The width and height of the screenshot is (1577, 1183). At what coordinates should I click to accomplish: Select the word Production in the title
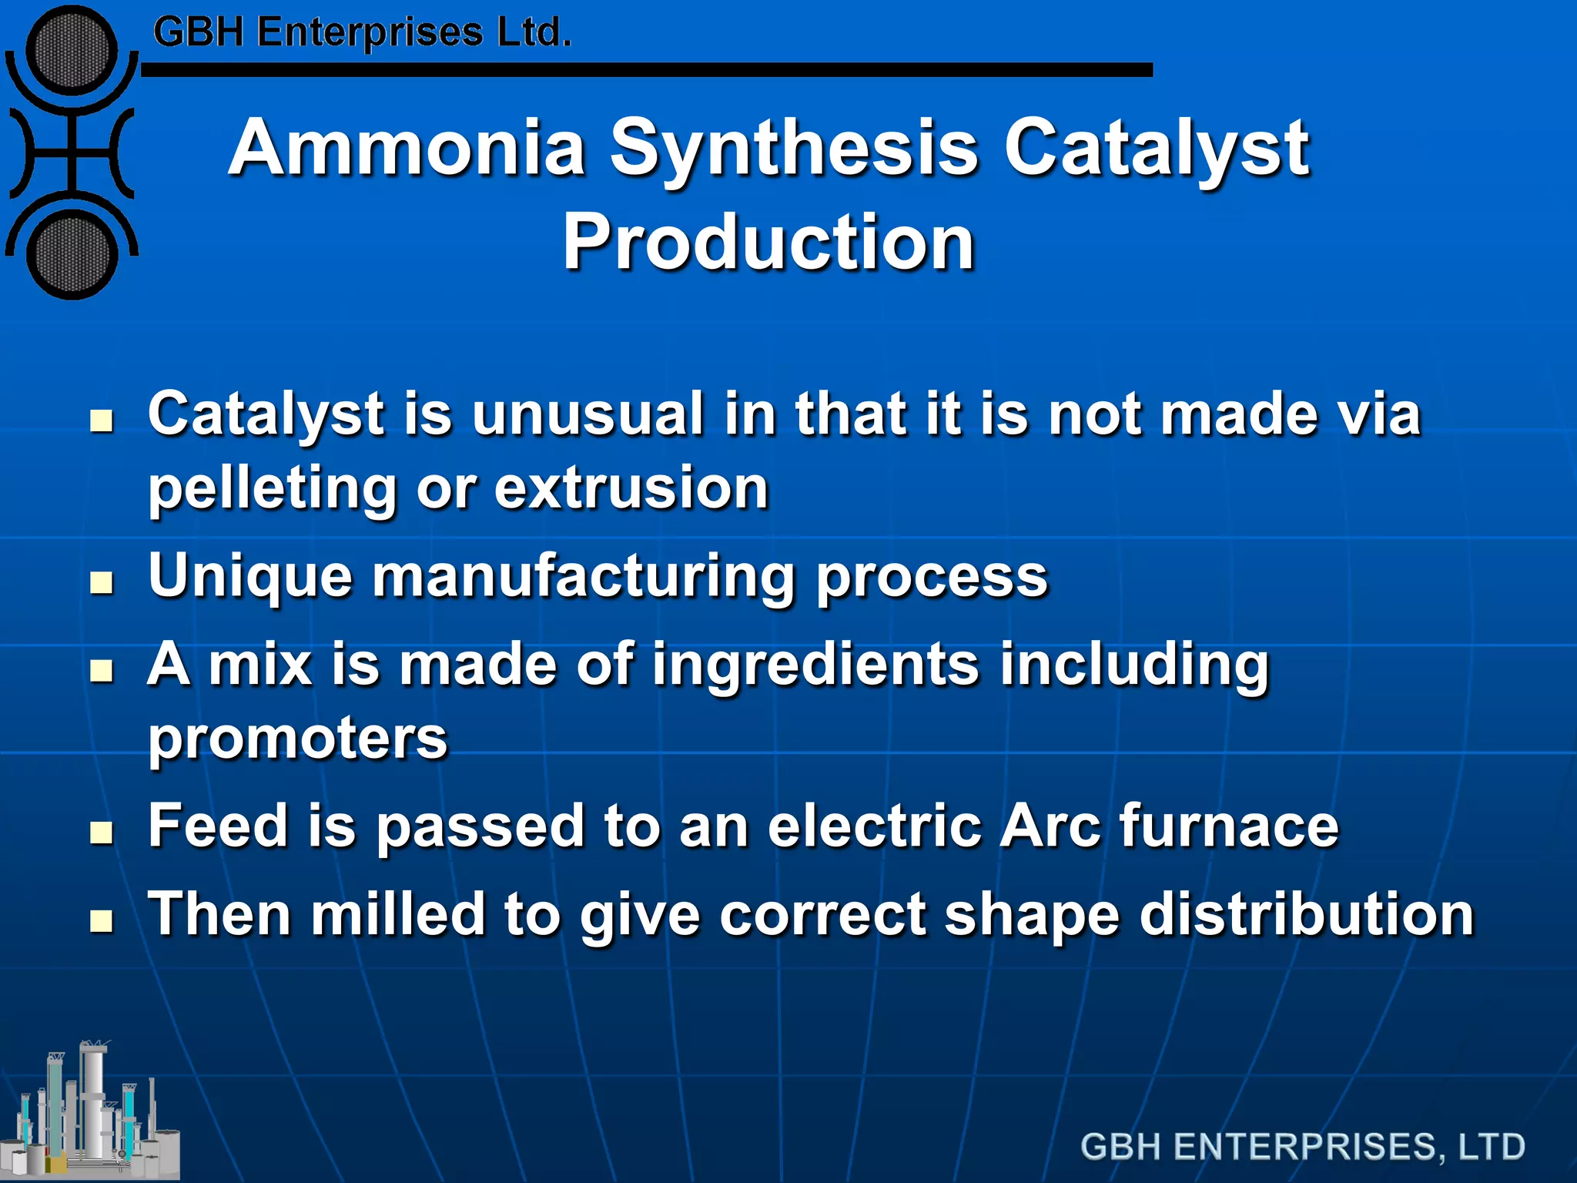(x=768, y=243)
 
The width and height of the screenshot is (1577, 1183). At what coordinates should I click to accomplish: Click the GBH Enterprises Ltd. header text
(x=362, y=33)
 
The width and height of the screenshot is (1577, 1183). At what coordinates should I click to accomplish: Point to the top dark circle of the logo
(x=71, y=51)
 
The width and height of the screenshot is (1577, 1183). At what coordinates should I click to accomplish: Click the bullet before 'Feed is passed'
(x=101, y=833)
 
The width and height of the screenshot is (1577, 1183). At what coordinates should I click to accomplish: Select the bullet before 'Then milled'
(x=101, y=920)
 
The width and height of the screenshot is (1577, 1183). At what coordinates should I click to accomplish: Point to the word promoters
(x=297, y=739)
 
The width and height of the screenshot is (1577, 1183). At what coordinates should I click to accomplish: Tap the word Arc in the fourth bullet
(x=1050, y=826)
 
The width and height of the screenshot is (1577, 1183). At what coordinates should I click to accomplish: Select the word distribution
(x=1306, y=914)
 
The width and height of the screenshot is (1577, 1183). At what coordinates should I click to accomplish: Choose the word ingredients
(x=815, y=665)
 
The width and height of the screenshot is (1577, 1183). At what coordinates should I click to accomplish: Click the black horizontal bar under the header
(x=647, y=70)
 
